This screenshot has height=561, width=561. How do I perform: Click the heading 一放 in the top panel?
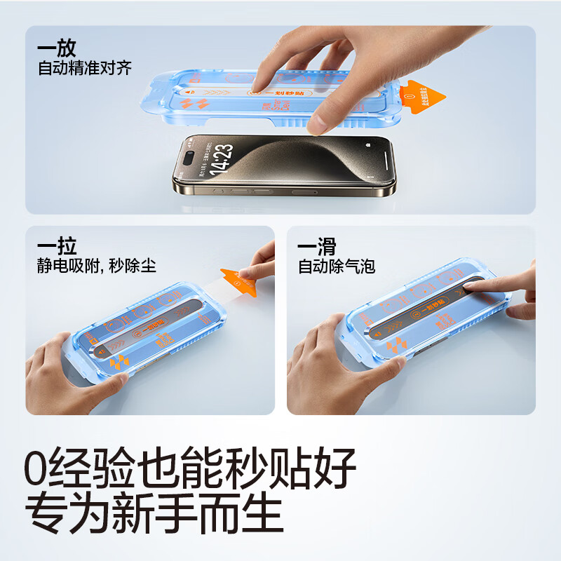[57, 49]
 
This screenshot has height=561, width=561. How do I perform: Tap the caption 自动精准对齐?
[85, 69]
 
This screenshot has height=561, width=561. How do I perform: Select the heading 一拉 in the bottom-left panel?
[57, 247]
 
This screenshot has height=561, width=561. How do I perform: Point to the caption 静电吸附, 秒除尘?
[97, 266]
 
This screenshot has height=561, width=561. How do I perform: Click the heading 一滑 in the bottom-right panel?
[316, 247]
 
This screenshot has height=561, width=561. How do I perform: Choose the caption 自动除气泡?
[337, 266]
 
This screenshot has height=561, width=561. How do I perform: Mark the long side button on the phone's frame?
[305, 191]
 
